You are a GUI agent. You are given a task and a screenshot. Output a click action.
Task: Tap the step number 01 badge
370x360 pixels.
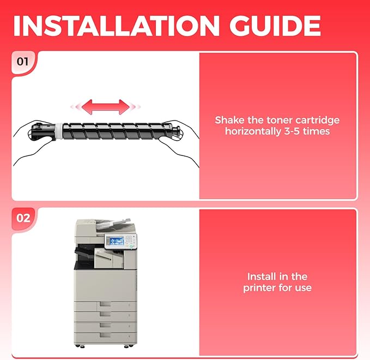(23, 61)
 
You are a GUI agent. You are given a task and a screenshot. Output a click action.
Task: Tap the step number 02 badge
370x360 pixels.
(23, 218)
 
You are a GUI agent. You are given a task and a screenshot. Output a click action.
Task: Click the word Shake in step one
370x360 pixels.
(229, 120)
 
